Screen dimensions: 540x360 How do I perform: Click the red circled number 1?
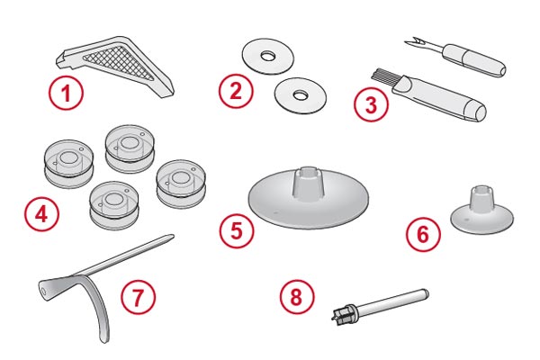point(66,93)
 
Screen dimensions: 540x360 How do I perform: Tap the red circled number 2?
point(236,91)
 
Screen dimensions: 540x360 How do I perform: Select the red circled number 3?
point(371,104)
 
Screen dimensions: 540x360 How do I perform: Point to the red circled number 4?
point(41,214)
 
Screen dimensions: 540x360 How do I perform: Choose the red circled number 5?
point(237,230)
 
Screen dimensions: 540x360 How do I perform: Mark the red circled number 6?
point(423,234)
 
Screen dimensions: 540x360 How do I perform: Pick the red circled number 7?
point(138,297)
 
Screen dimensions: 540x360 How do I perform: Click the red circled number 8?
point(296,297)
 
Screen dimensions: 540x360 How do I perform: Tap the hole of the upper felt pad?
point(267,56)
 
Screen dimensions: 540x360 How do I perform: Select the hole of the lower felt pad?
point(301,95)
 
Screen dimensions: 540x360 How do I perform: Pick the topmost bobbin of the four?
point(130,148)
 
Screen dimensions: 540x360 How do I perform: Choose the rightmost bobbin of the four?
point(181,184)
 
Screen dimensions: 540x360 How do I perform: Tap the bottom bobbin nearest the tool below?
point(113,205)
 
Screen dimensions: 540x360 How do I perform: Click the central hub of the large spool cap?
point(309,184)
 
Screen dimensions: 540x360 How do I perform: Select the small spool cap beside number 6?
point(482,210)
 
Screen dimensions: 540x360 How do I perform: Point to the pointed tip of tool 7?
point(172,236)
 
